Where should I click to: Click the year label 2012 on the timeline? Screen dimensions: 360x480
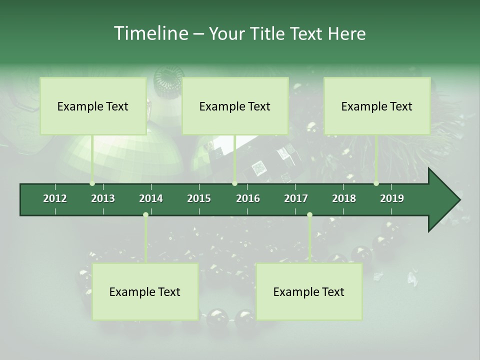(55, 198)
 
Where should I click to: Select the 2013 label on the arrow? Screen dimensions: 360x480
(103, 198)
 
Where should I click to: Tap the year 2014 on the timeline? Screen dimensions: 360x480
(151, 198)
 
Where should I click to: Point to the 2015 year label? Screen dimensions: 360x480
(199, 198)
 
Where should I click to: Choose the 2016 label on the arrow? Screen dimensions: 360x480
(248, 198)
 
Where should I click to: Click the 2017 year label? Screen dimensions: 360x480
(296, 198)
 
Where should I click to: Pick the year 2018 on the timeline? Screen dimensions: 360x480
(344, 198)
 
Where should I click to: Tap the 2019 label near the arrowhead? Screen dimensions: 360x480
(392, 198)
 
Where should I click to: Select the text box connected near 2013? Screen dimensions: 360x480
(93, 106)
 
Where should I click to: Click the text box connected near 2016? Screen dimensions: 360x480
(235, 106)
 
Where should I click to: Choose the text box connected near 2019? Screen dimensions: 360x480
(377, 106)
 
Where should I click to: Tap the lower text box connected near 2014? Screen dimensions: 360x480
(145, 291)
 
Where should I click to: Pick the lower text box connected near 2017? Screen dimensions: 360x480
(309, 291)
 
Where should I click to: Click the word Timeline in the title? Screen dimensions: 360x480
(150, 33)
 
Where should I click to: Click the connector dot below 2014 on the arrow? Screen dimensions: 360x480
(145, 215)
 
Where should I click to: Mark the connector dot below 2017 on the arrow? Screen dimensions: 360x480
(309, 215)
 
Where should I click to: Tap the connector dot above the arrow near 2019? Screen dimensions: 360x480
(376, 183)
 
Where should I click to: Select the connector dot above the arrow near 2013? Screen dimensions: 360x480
(92, 183)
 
